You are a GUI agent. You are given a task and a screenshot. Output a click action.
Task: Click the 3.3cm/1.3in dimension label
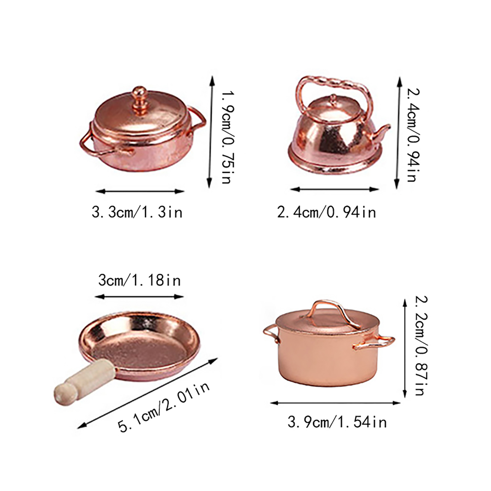coord(137,212)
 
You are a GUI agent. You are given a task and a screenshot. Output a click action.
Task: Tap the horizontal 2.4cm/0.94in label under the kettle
coord(327,212)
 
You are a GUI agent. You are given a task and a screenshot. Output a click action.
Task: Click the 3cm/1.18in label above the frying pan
coord(140,280)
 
